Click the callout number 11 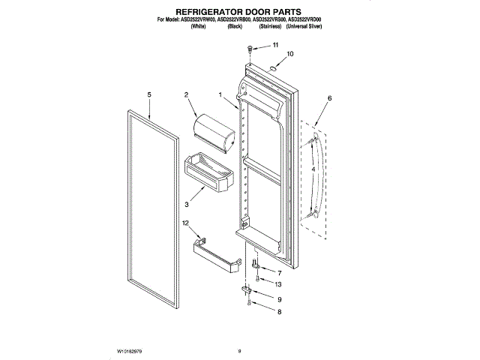[x=274, y=46]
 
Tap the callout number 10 [x=290, y=54]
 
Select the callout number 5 [x=149, y=94]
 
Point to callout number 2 [x=185, y=94]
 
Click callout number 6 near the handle [x=328, y=98]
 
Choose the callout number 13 [x=279, y=284]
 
